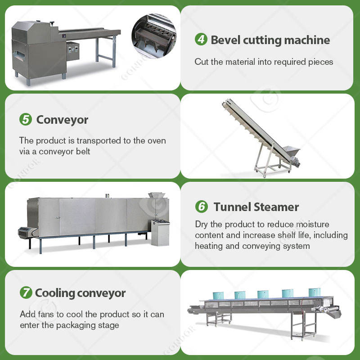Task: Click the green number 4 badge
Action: pyautogui.click(x=201, y=40)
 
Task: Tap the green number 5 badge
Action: pyautogui.click(x=26, y=120)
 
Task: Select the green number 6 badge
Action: pyautogui.click(x=201, y=207)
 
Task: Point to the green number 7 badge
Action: pyautogui.click(x=26, y=293)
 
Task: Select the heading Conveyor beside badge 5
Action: pyautogui.click(x=62, y=120)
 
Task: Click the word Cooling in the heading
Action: pyautogui.click(x=55, y=293)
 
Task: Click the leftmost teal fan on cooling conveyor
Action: pyautogui.click(x=218, y=295)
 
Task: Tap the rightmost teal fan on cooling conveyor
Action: pyautogui.click(x=314, y=292)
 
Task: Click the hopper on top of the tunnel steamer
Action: pyautogui.click(x=157, y=195)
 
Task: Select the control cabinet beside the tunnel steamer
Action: pyautogui.click(x=160, y=232)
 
